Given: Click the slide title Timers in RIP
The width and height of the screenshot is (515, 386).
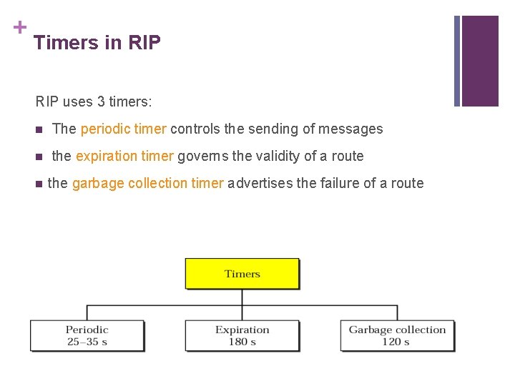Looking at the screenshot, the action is [x=97, y=43].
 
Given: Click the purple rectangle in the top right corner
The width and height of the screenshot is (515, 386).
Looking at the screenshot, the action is [x=479, y=61].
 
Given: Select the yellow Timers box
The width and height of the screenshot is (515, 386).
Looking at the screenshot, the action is [x=242, y=274].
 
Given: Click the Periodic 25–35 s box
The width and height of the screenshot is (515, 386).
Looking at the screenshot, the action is [x=87, y=335].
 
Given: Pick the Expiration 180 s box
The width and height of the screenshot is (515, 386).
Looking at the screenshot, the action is [x=242, y=335].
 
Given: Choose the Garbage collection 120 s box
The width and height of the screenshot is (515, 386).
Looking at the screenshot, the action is [x=397, y=335].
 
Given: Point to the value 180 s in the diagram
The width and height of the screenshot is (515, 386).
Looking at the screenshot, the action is [x=242, y=342].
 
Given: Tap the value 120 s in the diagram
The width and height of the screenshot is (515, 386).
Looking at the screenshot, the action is [x=396, y=342].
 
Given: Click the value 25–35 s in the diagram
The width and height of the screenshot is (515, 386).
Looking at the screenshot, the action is [x=87, y=342].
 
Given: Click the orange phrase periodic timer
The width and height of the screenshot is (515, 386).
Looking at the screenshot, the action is [x=124, y=129].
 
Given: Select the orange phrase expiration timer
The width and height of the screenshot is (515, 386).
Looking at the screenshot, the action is [x=124, y=156].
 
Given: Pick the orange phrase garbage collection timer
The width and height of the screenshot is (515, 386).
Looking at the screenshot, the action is [x=148, y=183].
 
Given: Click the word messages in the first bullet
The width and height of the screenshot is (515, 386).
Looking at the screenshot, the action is [x=350, y=129].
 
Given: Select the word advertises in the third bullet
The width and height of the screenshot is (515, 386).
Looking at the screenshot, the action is [x=260, y=183].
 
